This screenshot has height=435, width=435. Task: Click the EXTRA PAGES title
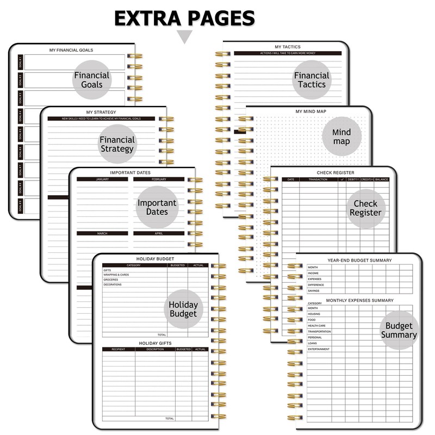click(184, 17)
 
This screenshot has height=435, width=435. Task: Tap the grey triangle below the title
click(185, 36)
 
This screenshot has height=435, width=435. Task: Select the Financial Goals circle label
click(92, 80)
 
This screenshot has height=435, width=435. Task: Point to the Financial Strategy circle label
click(117, 144)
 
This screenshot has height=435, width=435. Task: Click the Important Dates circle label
click(157, 207)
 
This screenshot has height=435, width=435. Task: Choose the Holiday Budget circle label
click(183, 309)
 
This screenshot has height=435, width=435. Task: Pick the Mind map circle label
click(341, 137)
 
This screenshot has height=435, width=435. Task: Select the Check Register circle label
click(365, 208)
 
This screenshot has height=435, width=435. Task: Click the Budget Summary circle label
click(399, 330)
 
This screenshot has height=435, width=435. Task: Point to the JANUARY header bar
click(102, 179)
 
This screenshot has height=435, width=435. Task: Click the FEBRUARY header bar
click(159, 179)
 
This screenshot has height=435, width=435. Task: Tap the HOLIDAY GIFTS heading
click(156, 343)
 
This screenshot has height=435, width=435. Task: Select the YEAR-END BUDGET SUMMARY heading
click(359, 260)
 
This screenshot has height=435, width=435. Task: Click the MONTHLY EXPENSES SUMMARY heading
click(359, 300)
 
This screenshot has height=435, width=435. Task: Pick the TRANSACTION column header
click(318, 179)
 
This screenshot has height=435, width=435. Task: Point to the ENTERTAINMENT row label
click(319, 349)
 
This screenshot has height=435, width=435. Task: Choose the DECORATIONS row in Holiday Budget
click(113, 284)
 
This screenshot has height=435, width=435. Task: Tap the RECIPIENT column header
click(119, 349)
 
